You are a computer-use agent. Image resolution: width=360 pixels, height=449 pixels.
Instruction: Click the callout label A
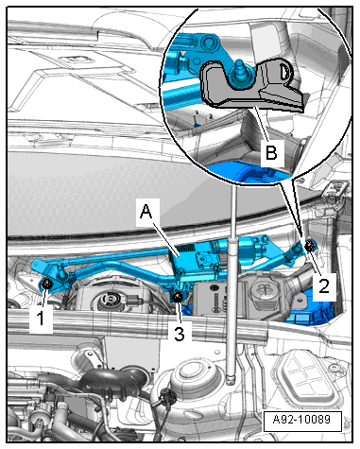[146, 212]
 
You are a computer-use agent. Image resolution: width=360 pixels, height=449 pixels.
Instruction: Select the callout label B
[272, 153]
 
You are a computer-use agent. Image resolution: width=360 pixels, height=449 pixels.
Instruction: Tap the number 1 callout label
[41, 319]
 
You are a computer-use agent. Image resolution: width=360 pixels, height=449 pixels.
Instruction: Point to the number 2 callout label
[324, 286]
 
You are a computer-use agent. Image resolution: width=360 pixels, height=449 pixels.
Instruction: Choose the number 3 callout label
[179, 334]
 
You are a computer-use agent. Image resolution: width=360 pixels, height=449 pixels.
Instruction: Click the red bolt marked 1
[47, 284]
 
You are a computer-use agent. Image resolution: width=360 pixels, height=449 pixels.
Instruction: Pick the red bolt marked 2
[310, 245]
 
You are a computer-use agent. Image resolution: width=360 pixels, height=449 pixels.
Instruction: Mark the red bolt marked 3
[178, 297]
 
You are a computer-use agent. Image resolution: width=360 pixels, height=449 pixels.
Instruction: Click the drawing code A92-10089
[301, 420]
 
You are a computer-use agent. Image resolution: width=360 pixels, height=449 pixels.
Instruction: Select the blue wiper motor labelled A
[196, 260]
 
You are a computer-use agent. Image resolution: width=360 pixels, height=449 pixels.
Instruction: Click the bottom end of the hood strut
[231, 380]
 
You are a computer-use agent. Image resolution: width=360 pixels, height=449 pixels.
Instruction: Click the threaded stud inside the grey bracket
[241, 73]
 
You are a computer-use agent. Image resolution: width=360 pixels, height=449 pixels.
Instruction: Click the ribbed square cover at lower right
[307, 378]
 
